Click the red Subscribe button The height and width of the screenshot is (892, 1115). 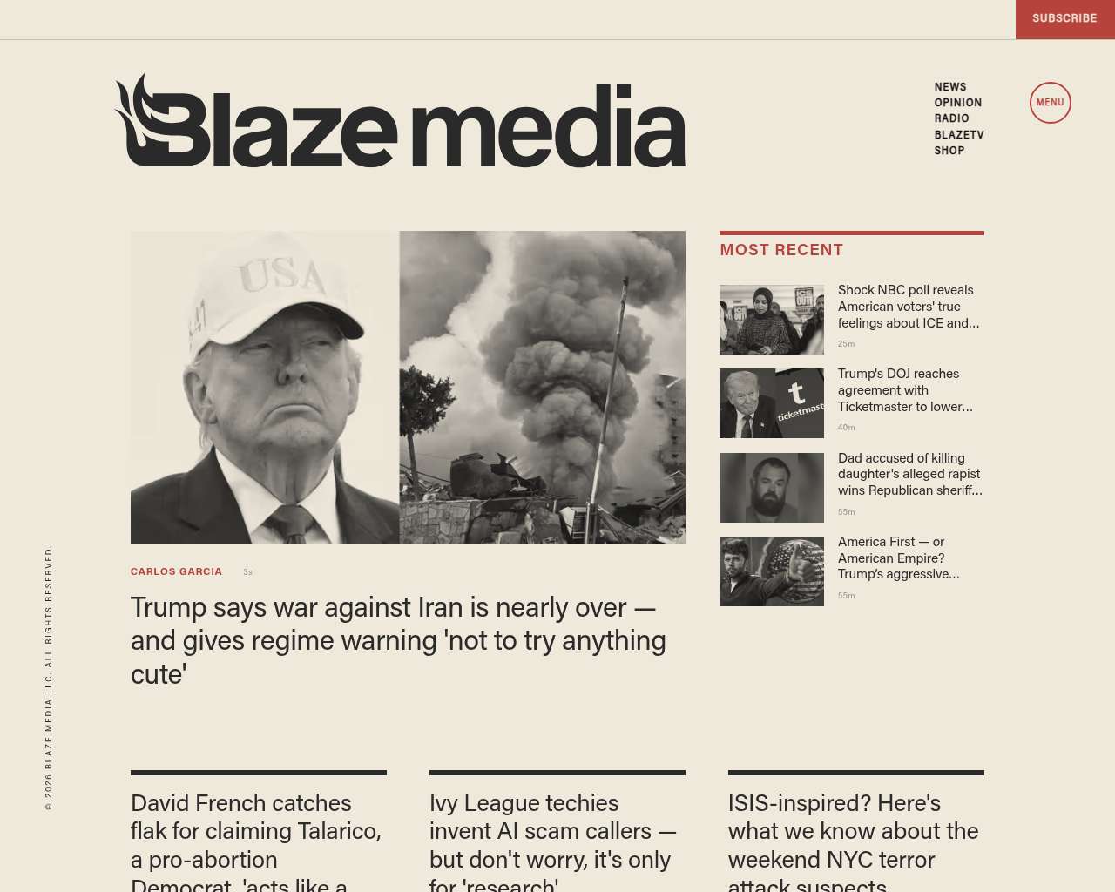click(1064, 18)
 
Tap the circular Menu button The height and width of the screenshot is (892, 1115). click(1050, 103)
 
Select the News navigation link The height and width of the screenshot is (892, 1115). click(950, 87)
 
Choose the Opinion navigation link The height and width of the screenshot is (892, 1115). click(957, 103)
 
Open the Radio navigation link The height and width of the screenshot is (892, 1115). click(951, 118)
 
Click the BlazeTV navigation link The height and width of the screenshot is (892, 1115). click(958, 135)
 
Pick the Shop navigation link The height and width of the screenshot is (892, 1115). click(949, 151)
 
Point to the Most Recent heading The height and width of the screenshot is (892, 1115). click(781, 250)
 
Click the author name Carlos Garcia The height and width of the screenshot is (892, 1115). click(176, 572)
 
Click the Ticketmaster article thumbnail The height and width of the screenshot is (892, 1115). click(771, 403)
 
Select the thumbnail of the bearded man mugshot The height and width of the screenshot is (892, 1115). click(771, 487)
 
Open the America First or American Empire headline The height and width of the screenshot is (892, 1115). click(898, 557)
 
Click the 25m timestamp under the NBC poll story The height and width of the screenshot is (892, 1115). click(846, 344)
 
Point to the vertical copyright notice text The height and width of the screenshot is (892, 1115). click(49, 678)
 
